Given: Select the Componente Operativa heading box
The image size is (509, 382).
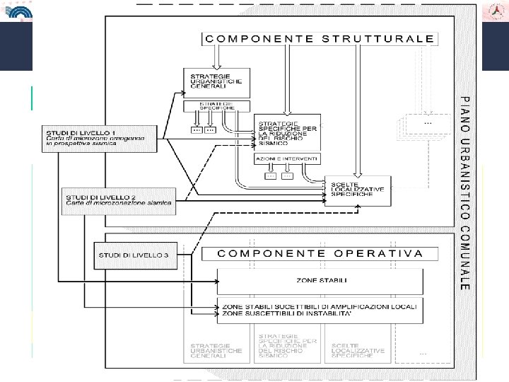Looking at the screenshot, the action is [x=320, y=253].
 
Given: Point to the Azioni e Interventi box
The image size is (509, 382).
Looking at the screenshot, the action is [x=287, y=158].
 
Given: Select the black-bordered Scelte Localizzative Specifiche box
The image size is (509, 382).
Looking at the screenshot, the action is [x=356, y=189].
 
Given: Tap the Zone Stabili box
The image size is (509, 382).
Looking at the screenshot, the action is [x=320, y=281].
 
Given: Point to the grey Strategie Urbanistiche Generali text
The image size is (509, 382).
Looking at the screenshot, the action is [x=216, y=350].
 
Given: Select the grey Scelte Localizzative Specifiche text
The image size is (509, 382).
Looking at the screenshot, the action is [x=357, y=350].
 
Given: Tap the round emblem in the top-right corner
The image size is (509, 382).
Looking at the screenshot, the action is [x=495, y=12].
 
